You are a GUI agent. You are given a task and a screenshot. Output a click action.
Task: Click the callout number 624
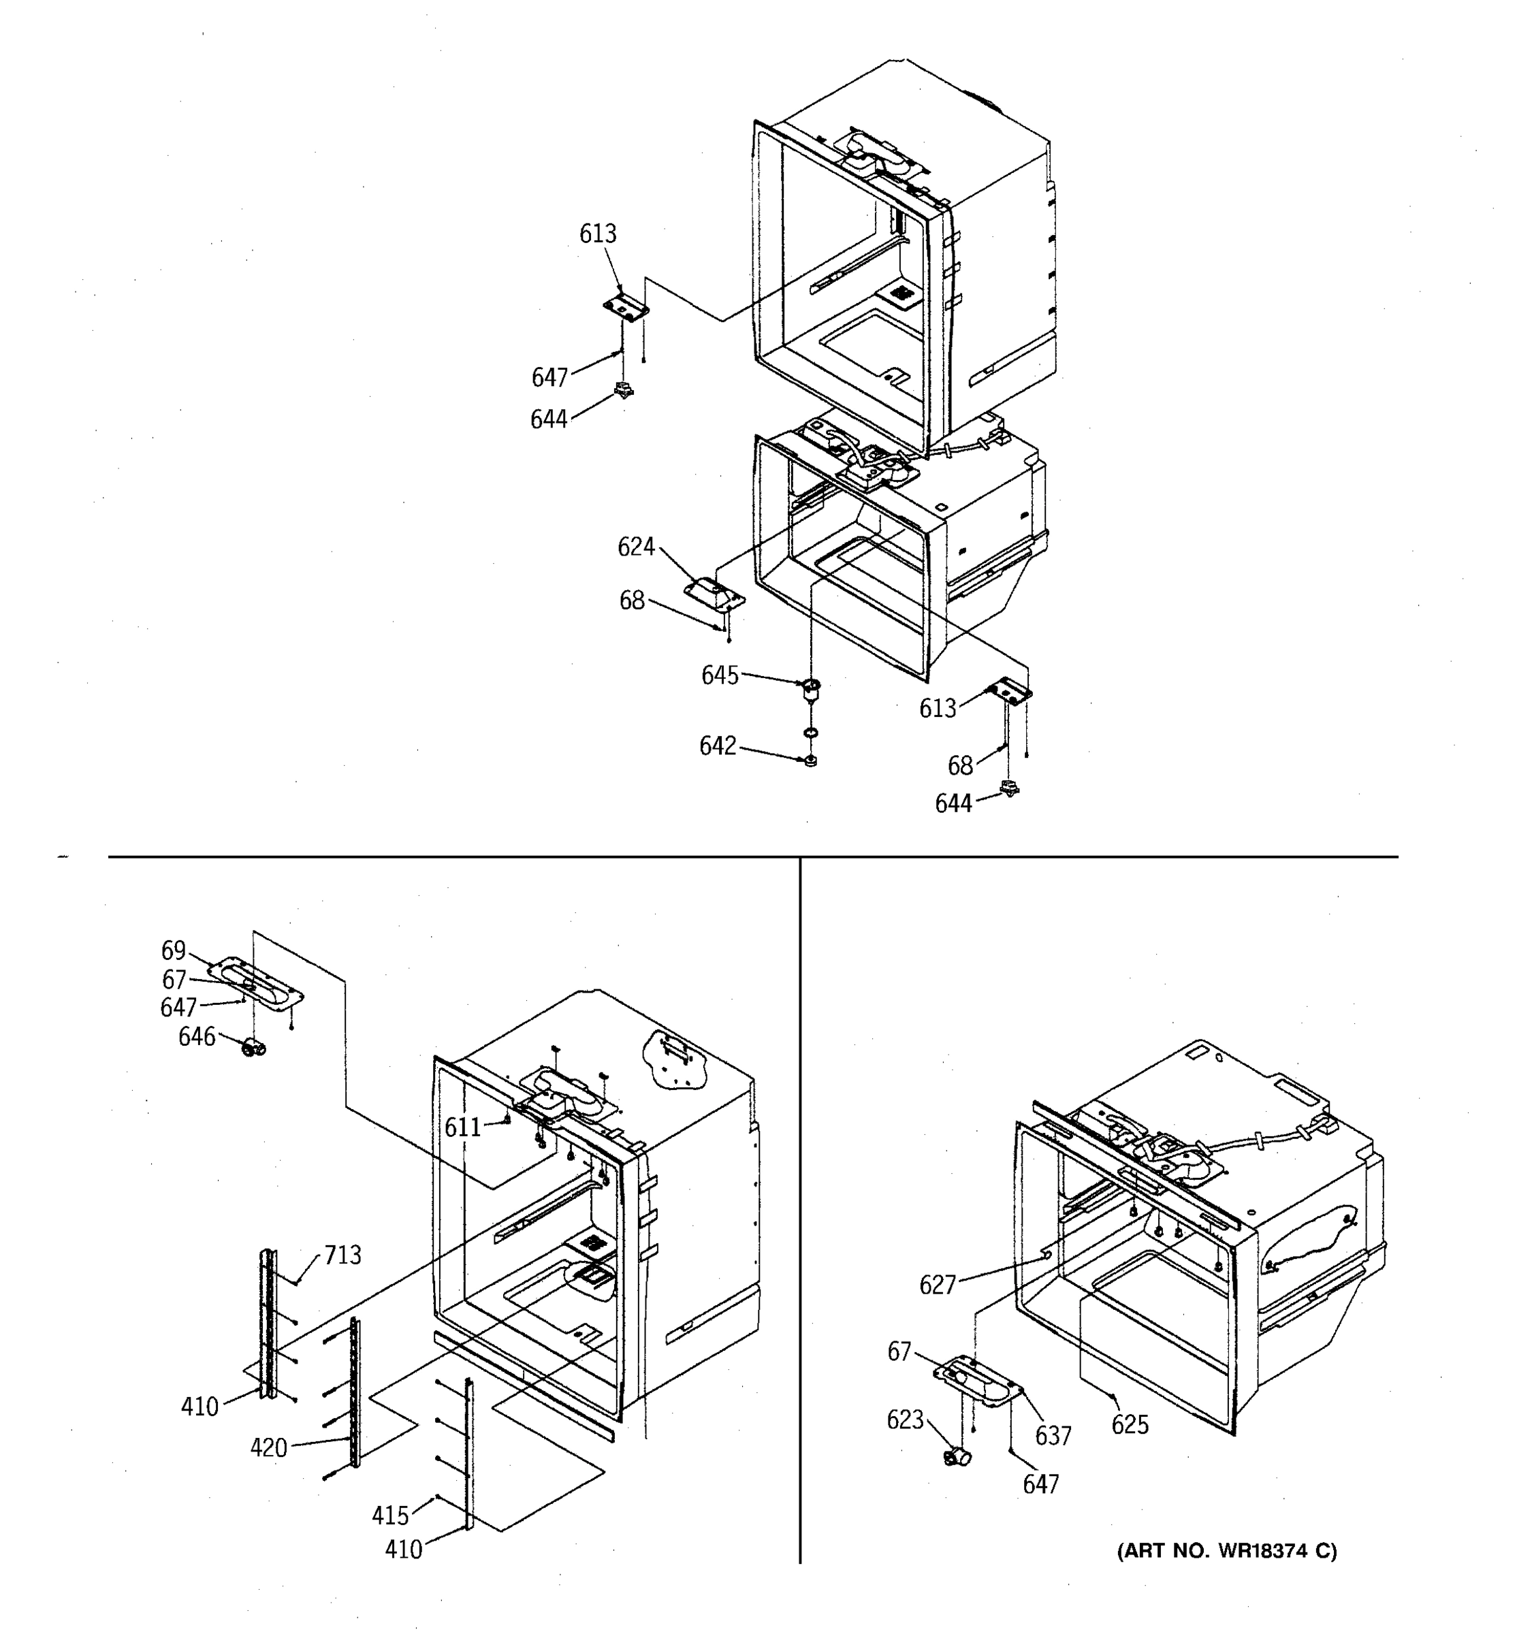point(635,547)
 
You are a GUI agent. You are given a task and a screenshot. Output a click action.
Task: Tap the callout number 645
point(719,675)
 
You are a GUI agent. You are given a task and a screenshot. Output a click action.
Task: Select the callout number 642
point(718,746)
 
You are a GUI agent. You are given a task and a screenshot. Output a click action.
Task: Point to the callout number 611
point(463,1127)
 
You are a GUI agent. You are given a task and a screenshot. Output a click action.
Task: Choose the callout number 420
point(269,1447)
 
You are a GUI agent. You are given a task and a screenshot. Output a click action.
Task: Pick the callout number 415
point(390,1515)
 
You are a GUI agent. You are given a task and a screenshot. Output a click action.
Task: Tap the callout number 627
point(937,1285)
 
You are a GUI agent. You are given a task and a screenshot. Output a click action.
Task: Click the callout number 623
point(905,1420)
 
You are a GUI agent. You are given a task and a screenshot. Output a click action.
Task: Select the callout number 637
point(1053,1436)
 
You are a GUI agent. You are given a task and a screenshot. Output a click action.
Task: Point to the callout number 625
point(1130,1424)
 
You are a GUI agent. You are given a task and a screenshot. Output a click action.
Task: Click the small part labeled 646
point(253,1048)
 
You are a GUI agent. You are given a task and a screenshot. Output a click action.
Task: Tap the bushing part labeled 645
point(811,690)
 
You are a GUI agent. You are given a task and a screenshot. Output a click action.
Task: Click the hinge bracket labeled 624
point(713,592)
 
